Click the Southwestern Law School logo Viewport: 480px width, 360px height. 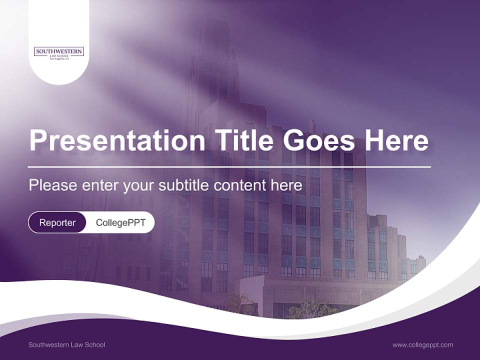coord(59,52)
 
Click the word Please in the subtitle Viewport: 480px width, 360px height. coord(52,185)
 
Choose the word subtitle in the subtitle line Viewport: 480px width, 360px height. coord(184,185)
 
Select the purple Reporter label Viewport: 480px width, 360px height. coord(57,222)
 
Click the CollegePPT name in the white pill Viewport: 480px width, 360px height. coord(120,222)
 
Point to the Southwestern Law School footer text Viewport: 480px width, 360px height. coord(66,344)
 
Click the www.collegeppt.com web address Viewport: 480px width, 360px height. coord(422,344)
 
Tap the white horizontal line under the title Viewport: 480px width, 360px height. coord(229,166)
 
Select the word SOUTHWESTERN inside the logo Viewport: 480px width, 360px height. coord(59,51)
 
